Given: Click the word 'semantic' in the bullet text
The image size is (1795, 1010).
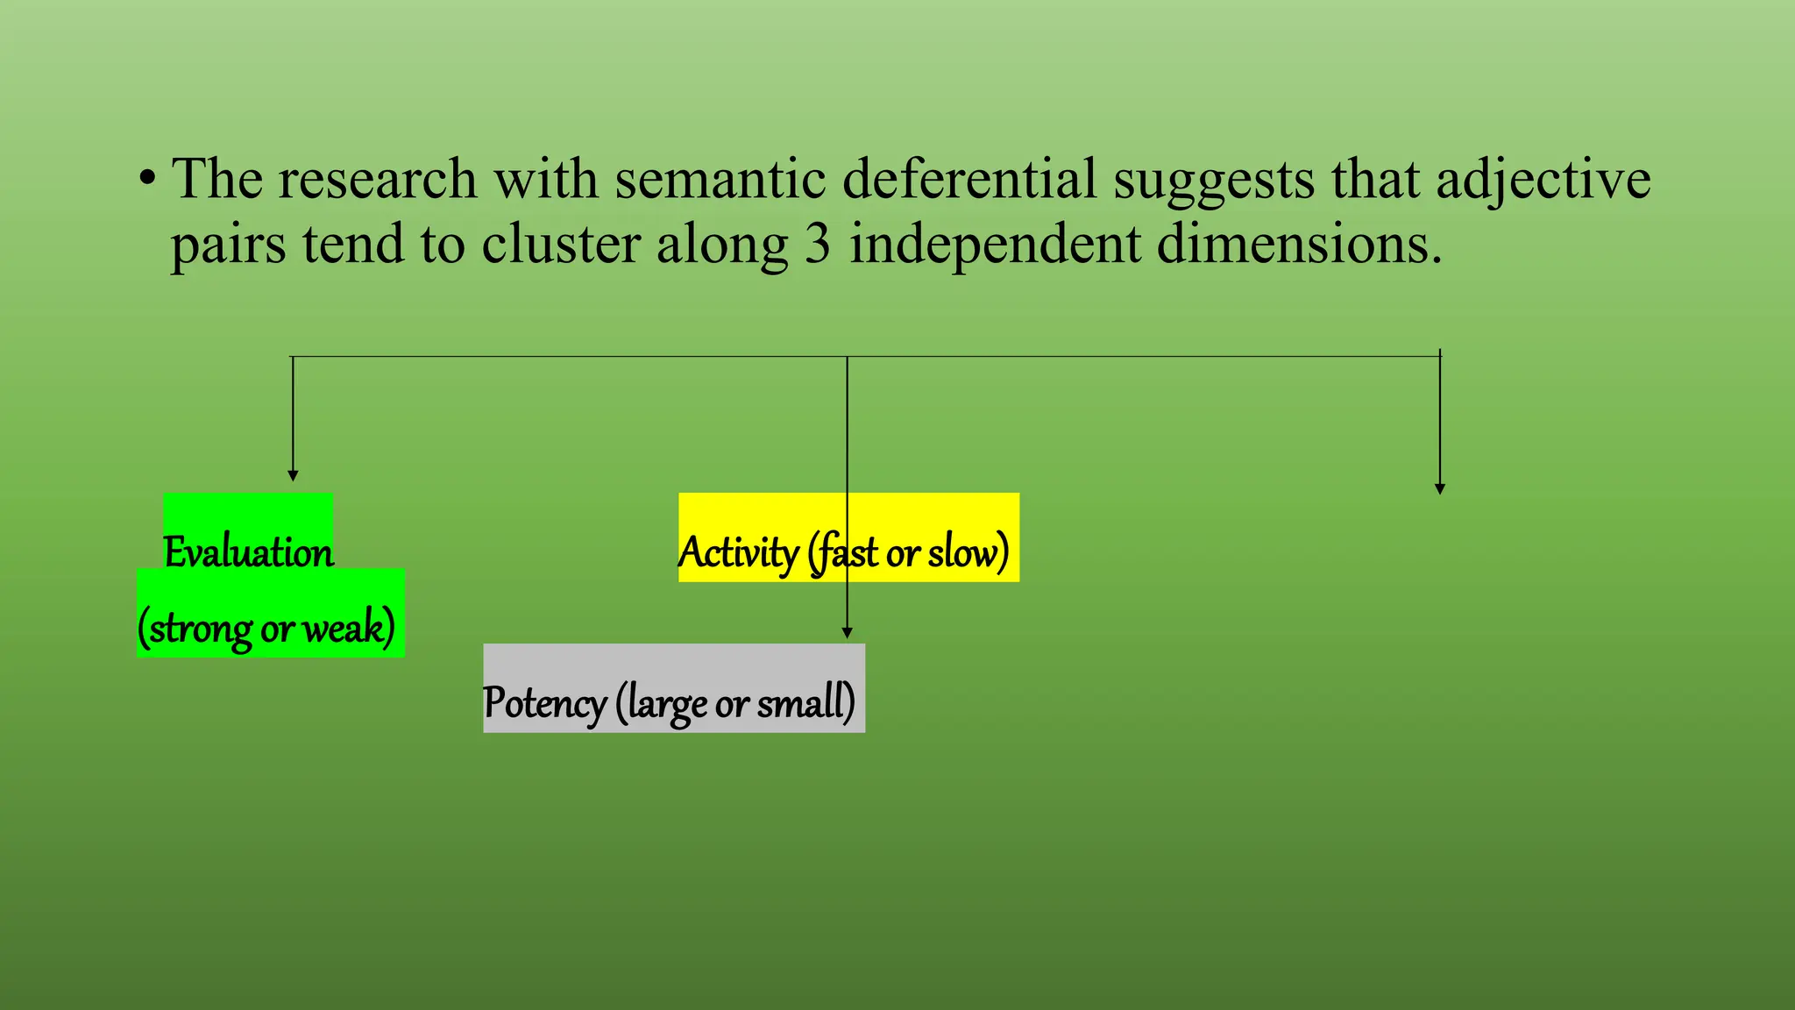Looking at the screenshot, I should [x=720, y=179].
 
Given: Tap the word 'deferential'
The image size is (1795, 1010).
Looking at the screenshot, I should [x=968, y=179].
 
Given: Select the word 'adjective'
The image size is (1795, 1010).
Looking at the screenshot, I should [x=1543, y=181].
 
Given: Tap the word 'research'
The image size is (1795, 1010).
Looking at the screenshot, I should [x=377, y=179].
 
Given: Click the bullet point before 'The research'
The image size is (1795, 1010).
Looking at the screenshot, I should [x=148, y=179].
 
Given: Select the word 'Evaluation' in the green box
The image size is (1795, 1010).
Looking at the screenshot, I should [x=249, y=552].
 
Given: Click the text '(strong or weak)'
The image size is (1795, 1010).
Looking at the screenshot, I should [x=266, y=628].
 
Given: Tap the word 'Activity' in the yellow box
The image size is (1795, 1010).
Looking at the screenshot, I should [x=737, y=552].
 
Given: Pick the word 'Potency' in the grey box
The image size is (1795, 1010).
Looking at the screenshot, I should [x=544, y=703].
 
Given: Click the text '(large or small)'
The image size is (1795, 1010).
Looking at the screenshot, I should [x=734, y=703].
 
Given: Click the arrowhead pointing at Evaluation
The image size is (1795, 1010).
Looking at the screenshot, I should [x=293, y=476].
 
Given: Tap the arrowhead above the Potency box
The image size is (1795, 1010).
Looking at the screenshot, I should [x=847, y=633].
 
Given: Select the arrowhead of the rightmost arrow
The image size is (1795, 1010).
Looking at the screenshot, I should [x=1439, y=489].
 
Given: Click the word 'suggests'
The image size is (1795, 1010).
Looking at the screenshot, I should [x=1214, y=181].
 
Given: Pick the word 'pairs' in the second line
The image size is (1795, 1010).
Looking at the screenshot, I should [x=228, y=245].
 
